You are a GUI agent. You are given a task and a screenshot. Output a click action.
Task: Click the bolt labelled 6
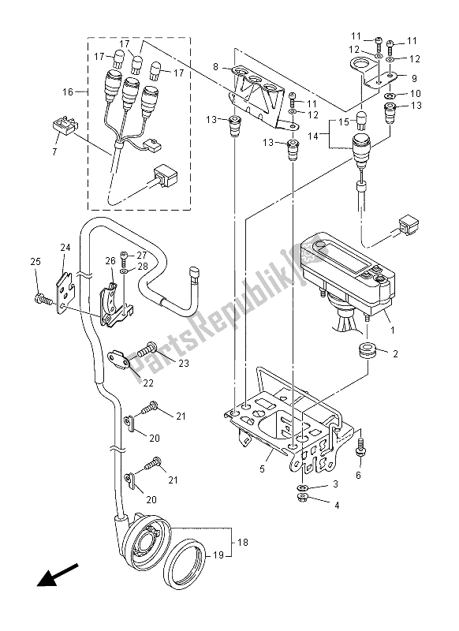point(360,448)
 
